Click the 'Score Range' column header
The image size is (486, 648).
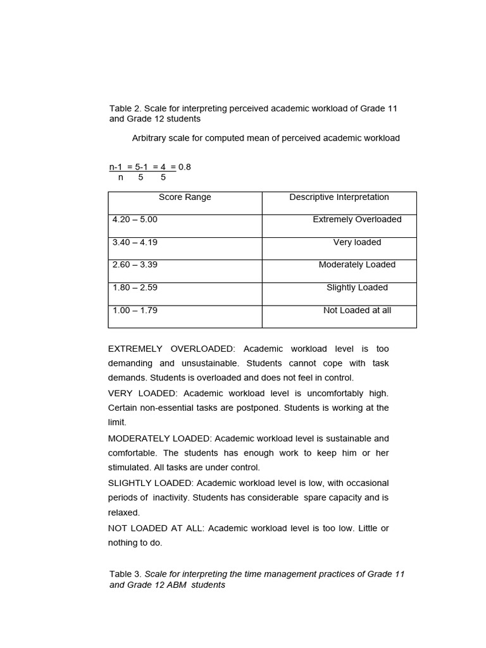185,197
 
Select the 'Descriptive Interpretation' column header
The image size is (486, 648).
339,197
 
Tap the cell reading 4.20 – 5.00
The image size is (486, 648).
135,220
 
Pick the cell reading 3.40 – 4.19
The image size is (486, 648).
135,242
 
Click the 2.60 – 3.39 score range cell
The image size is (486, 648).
135,265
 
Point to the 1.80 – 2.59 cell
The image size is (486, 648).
135,288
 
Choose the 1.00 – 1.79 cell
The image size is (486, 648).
135,311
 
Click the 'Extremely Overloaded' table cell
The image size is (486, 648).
357,220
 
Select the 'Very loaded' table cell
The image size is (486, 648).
357,242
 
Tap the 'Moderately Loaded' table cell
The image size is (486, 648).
357,265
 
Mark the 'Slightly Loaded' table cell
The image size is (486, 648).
357,288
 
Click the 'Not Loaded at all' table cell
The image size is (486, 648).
357,311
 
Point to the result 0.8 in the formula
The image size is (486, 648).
184,167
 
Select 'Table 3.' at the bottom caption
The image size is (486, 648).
125,574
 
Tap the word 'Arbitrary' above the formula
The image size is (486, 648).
150,138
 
